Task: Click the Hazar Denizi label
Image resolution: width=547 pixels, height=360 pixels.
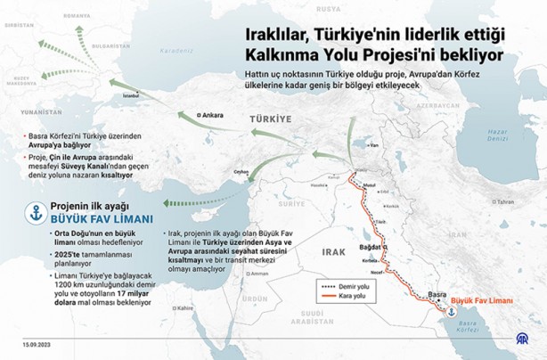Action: tap(497, 135)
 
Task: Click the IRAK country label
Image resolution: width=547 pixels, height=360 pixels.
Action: tap(334, 252)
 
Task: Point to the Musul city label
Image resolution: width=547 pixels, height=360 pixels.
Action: tap(367, 190)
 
